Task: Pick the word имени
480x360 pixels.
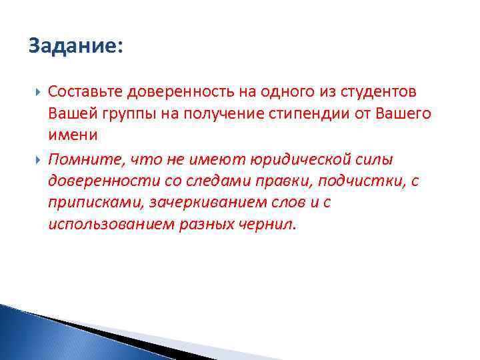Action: coord(73,135)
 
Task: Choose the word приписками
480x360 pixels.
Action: coord(93,203)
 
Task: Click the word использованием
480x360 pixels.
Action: coord(109,225)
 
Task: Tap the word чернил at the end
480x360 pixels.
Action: coord(269,225)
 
